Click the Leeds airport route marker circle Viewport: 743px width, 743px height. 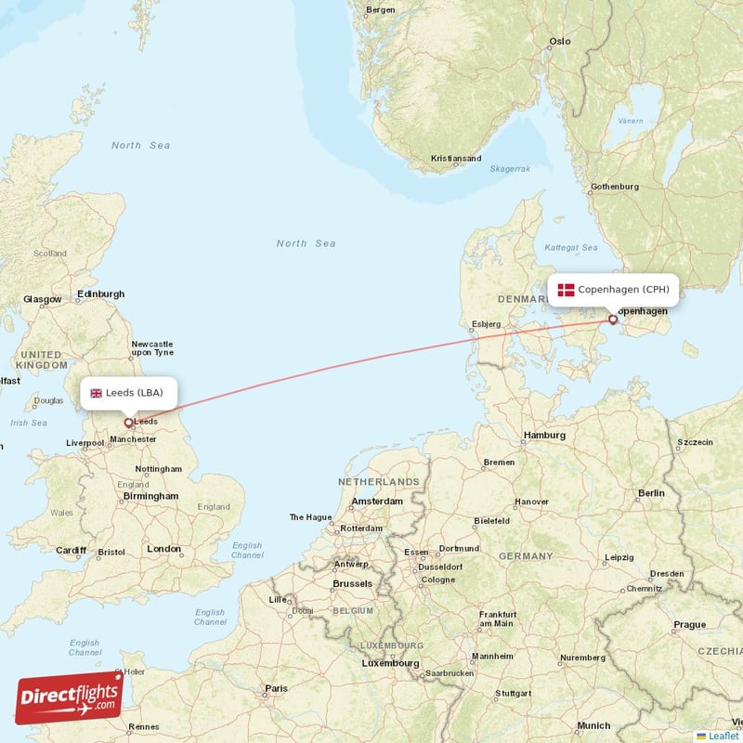[128, 423]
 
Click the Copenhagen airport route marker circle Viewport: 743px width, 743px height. [613, 319]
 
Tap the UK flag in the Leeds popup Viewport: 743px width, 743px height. [96, 393]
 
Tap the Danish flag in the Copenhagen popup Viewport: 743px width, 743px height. [566, 290]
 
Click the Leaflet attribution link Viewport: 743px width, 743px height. [723, 736]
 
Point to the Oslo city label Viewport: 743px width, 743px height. [559, 42]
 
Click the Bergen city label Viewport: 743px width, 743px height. [381, 10]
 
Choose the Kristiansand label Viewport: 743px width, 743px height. [456, 159]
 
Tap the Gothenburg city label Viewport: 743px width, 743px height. [614, 187]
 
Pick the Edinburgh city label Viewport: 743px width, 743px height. [100, 294]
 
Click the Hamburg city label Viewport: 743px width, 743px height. [544, 435]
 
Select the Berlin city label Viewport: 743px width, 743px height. [651, 493]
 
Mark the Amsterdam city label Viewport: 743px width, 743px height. [377, 502]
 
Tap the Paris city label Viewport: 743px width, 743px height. [276, 689]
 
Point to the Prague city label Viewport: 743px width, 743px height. [690, 625]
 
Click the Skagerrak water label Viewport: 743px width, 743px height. [510, 169]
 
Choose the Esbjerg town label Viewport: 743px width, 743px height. [486, 324]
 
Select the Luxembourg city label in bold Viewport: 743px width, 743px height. [390, 664]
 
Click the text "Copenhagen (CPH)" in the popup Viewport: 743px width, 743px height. [623, 290]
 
